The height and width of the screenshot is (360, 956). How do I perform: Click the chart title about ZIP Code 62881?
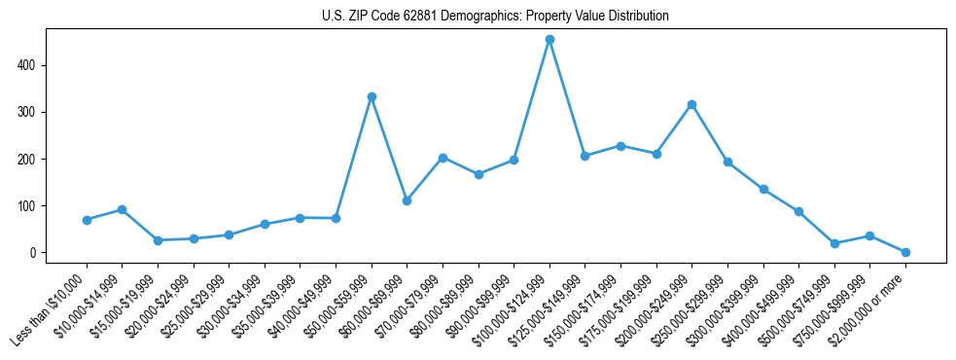pos(495,17)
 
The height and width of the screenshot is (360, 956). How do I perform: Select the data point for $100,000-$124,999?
pos(549,40)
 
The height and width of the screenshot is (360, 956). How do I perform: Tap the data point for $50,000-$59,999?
pos(372,97)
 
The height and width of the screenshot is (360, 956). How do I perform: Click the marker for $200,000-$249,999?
pos(691,104)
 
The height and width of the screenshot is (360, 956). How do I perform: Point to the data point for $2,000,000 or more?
pos(905,252)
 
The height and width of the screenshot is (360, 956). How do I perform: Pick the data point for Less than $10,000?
pos(87,220)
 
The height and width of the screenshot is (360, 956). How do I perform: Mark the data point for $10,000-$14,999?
pos(122,209)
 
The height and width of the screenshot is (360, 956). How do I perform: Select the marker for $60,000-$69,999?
pos(407,200)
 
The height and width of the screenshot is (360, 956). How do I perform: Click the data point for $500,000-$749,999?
pos(834,243)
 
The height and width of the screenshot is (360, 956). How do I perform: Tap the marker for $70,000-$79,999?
pos(443,158)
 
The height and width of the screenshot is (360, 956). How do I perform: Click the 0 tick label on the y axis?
pos(33,253)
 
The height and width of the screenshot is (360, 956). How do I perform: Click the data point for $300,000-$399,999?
pos(763,189)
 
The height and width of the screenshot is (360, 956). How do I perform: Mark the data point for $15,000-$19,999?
pos(158,240)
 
